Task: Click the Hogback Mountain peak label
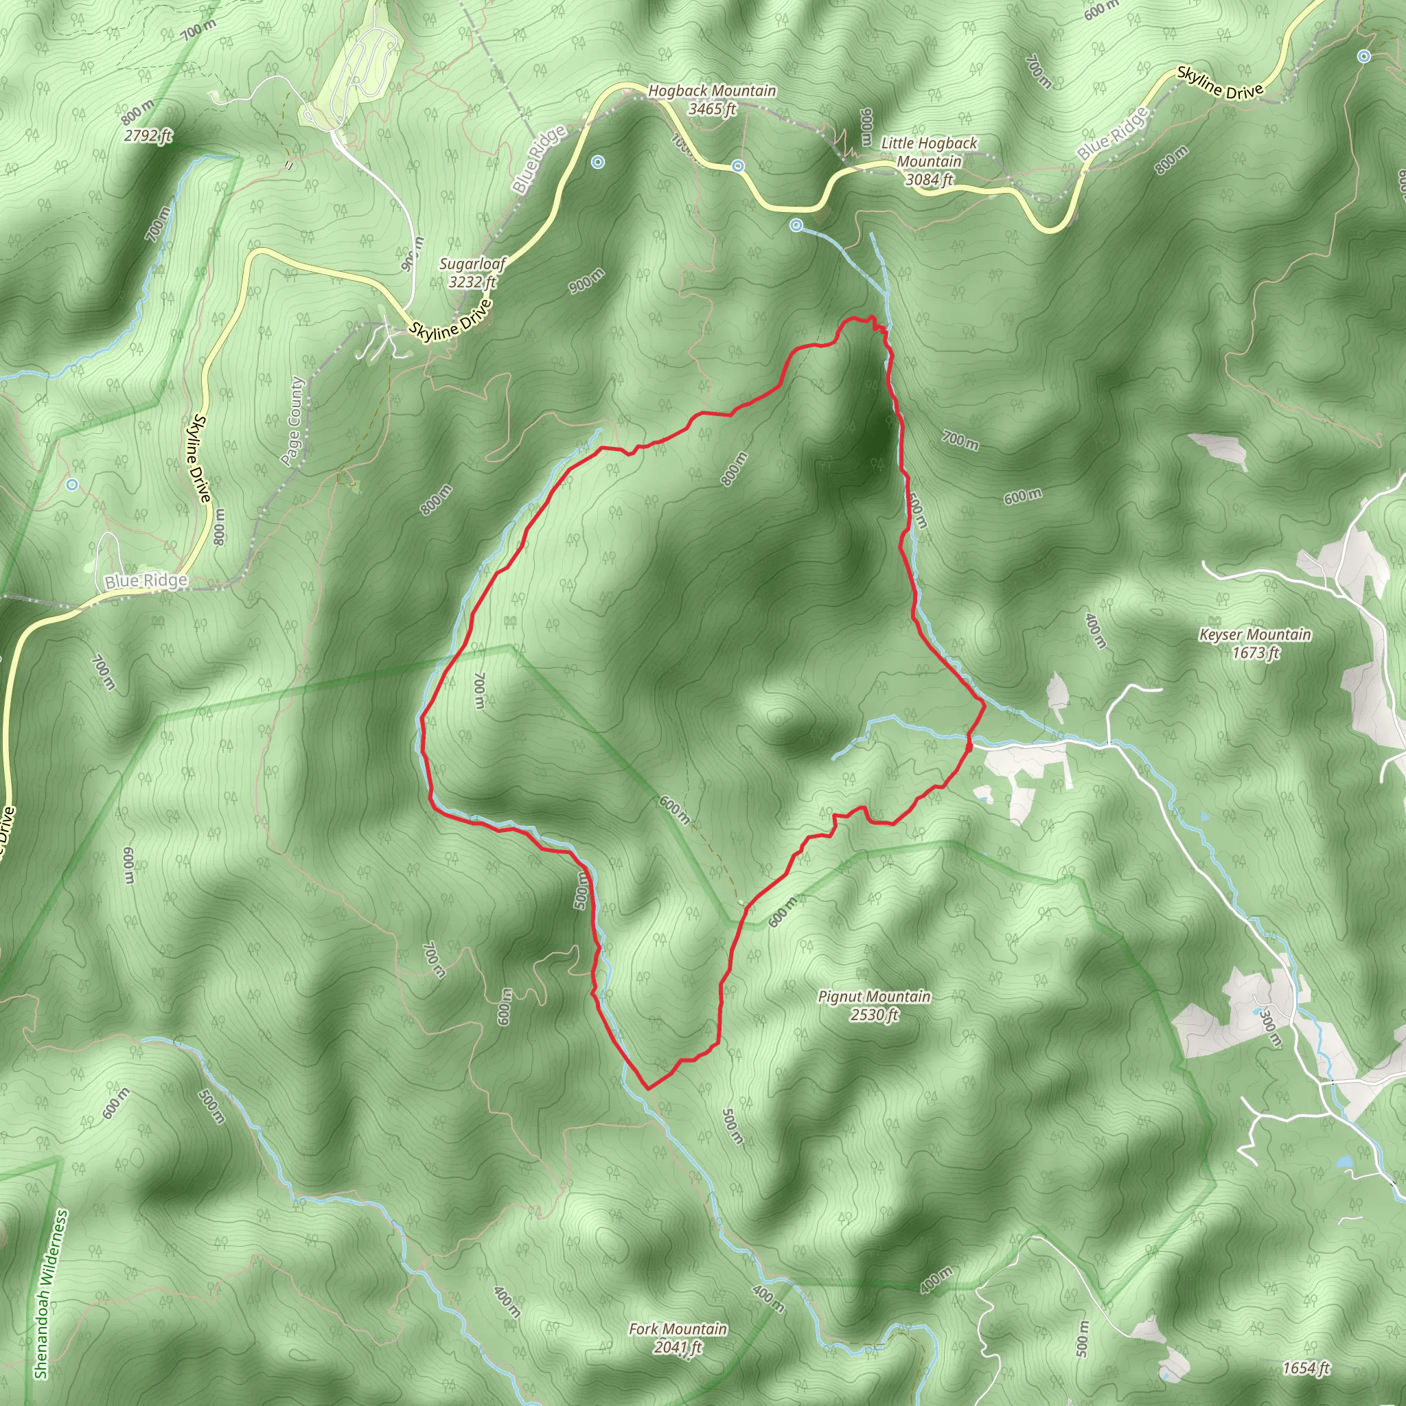point(712,100)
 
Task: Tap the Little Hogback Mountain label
point(929,161)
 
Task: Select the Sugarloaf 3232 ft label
point(472,272)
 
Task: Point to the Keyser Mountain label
point(1256,643)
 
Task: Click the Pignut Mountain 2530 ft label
point(874,1005)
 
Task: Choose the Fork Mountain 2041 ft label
point(678,1337)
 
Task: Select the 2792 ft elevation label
point(148,135)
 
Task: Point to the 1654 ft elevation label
point(1306,1368)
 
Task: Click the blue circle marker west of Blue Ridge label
point(71,485)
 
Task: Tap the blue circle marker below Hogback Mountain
point(738,166)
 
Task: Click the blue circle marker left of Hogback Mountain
point(597,162)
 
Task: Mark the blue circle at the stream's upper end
point(797,226)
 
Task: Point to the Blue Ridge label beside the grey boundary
point(146,581)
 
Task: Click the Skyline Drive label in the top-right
point(1220,83)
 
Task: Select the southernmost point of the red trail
point(647,1089)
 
